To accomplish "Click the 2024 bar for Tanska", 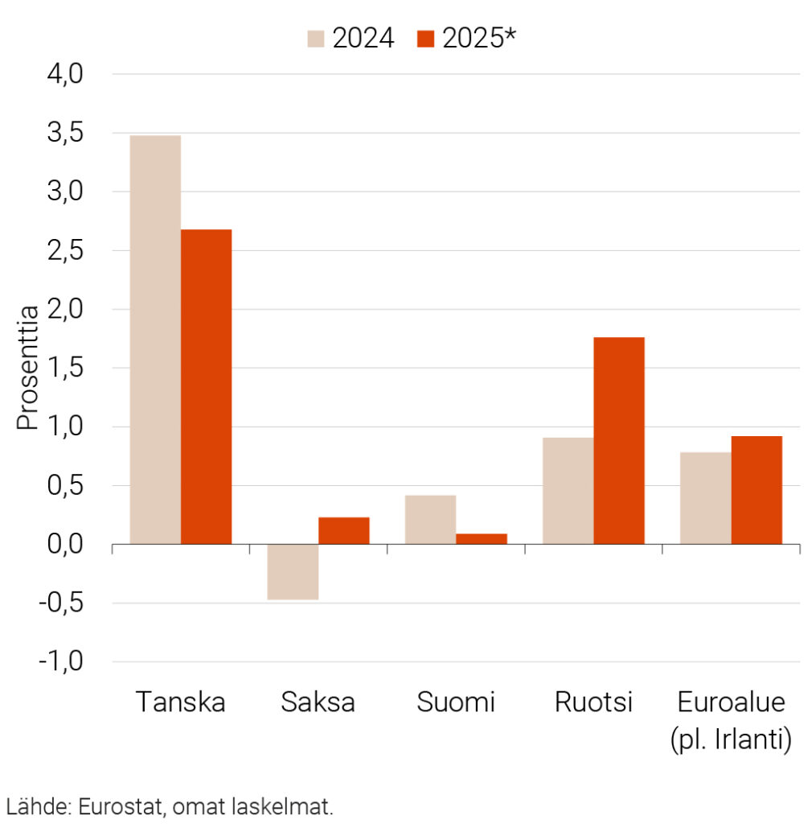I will click(155, 340).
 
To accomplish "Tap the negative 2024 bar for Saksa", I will click(293, 572).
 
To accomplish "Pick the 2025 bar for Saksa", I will click(343, 530).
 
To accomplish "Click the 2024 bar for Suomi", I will click(430, 520).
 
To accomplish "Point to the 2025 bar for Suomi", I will click(481, 538).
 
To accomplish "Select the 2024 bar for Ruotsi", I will click(568, 491).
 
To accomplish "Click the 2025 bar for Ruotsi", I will click(618, 440).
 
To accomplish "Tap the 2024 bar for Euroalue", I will click(705, 498).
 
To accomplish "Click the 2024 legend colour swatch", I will click(316, 38).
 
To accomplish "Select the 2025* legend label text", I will click(478, 38).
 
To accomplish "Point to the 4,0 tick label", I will click(65, 74).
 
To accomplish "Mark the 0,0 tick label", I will click(65, 545).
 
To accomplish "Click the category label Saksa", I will click(318, 702).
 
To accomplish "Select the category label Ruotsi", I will click(593, 702).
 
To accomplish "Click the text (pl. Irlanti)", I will click(730, 740).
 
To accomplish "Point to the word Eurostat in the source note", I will click(117, 807).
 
